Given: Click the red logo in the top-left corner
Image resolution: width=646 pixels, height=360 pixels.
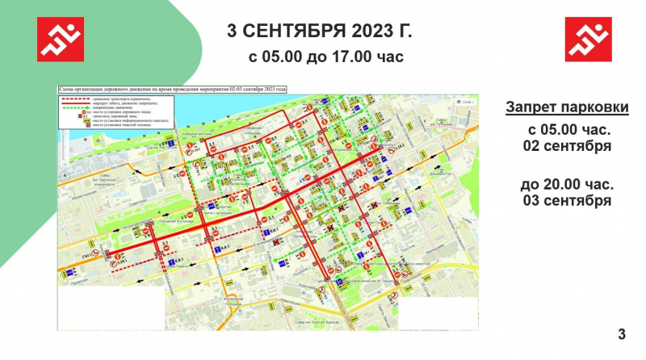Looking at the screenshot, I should coord(61,38).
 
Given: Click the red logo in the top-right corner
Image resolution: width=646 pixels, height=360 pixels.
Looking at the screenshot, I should coord(587,38).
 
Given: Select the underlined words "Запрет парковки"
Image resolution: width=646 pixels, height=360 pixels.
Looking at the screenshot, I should coord(567,107).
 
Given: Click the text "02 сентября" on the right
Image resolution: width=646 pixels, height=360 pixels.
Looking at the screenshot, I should coord(566,146).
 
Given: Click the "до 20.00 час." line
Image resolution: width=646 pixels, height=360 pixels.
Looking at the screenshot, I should coord(566,184).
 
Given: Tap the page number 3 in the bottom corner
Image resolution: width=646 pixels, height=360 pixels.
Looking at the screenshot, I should coord(621,334).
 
